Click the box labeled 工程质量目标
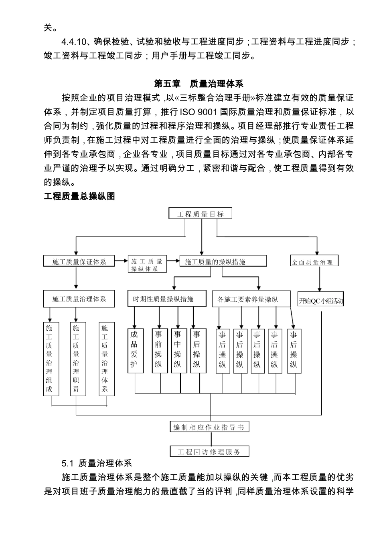(201, 214)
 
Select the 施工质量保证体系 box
(79, 261)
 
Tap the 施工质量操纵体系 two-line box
(146, 265)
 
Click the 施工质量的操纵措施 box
(223, 261)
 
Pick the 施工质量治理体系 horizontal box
(79, 299)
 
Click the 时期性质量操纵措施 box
(166, 299)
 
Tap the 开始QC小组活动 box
(321, 301)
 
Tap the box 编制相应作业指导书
(209, 427)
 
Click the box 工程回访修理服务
(209, 452)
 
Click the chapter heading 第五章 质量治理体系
(199, 84)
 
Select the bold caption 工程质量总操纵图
(79, 196)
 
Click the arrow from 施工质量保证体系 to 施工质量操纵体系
(121, 261)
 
